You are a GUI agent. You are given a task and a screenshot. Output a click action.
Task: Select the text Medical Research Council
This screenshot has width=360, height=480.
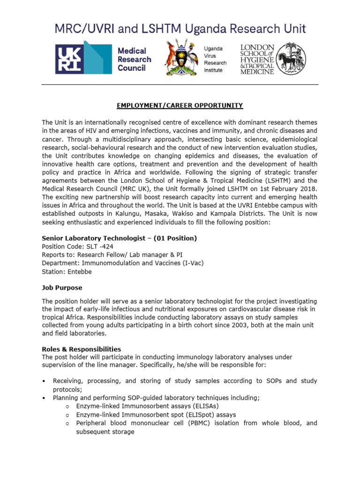point(134,59)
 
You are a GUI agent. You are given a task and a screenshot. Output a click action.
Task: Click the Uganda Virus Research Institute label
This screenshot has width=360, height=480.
point(215,59)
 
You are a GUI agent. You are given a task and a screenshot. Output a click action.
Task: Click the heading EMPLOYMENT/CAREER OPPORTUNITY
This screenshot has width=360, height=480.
point(180,105)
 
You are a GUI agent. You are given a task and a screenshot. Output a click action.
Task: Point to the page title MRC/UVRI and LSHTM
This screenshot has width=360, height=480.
point(180,29)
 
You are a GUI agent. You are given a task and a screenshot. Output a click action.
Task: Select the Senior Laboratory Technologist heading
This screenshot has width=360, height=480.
point(120,238)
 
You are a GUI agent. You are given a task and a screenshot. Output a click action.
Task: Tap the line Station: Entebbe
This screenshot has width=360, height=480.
point(67,271)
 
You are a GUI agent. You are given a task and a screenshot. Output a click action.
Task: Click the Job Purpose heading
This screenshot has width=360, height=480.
point(62,287)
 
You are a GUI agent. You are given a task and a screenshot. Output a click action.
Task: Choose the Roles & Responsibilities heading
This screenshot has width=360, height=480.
point(82,349)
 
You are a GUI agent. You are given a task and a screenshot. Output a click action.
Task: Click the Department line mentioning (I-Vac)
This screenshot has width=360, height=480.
point(123,263)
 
